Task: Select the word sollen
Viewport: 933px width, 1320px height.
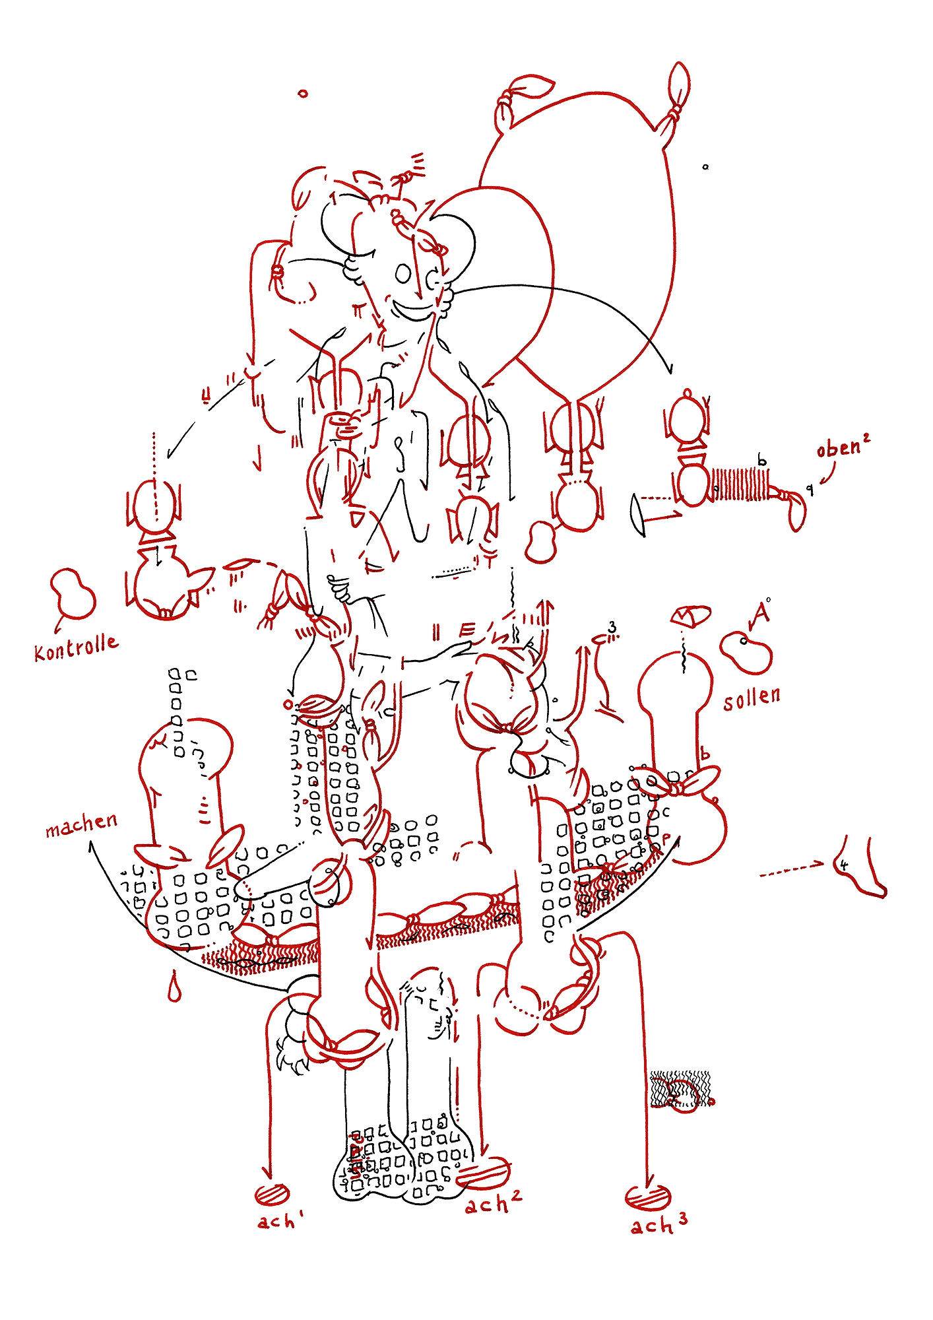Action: click(x=752, y=698)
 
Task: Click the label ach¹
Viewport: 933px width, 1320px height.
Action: click(x=279, y=1221)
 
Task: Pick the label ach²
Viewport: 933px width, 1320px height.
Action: click(x=493, y=1203)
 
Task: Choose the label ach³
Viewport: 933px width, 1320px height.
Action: click(x=659, y=1224)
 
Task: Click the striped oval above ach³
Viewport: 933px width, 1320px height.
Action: click(x=647, y=1197)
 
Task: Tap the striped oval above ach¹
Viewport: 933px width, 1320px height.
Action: click(x=272, y=1193)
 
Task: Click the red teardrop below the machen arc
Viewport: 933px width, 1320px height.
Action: click(x=174, y=986)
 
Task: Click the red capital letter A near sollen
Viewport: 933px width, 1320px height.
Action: click(x=760, y=614)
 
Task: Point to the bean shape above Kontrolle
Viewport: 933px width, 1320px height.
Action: click(x=72, y=593)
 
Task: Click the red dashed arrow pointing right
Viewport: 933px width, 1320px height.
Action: click(x=792, y=869)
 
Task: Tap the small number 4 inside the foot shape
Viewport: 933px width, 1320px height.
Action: click(x=844, y=865)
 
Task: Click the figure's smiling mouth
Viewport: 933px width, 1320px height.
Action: click(x=414, y=310)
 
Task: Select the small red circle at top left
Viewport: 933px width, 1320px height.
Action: click(x=303, y=94)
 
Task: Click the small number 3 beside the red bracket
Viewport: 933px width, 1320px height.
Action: click(x=612, y=627)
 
